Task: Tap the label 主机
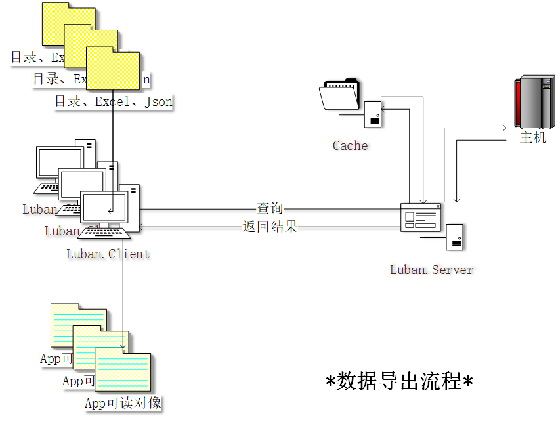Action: tap(533, 138)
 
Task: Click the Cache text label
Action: tap(350, 146)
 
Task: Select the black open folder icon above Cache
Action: tap(340, 95)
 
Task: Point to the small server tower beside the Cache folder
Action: tap(374, 114)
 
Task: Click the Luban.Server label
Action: tap(431, 270)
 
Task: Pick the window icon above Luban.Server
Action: tap(421, 218)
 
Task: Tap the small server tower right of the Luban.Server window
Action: tap(455, 237)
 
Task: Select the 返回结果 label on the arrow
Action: tap(270, 227)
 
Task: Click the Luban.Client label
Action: tap(108, 254)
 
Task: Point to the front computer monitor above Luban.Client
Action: tap(104, 209)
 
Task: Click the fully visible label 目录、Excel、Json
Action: tap(113, 102)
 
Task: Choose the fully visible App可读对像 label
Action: tap(123, 404)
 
